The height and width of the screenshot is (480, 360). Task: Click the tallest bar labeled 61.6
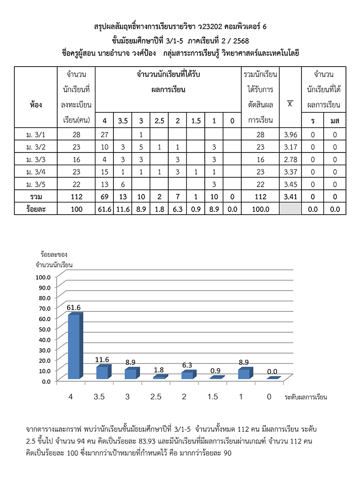point(74,346)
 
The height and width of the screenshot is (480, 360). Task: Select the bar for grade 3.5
point(102,372)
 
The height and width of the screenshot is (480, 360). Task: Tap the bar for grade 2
point(187,375)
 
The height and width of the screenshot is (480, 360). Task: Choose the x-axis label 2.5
point(159,397)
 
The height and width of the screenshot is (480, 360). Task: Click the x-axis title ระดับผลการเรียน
point(306,397)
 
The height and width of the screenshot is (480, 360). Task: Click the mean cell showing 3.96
point(291,134)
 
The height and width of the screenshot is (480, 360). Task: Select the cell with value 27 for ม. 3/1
point(104,134)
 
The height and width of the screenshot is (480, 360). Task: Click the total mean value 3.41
point(291,197)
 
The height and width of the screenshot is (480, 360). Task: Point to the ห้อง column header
point(36,105)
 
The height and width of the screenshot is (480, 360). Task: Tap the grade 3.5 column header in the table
point(122,121)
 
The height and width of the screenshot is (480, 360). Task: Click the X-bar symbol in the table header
point(291,104)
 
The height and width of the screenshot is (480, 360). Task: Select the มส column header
point(334,121)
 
